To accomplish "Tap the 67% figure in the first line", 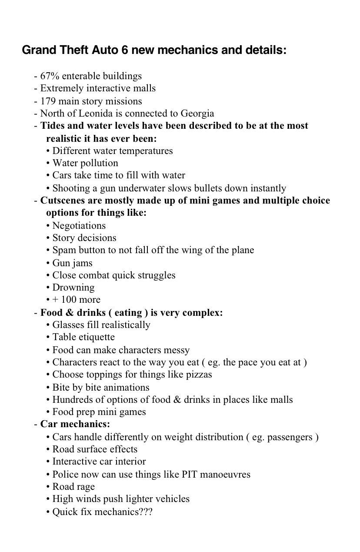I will pyautogui.click(x=50, y=76).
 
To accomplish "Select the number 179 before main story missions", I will pyautogui.click(x=48, y=101).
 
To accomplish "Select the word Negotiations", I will pyautogui.click(x=79, y=226).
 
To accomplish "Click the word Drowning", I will pyautogui.click(x=73, y=288).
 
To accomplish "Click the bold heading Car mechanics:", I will pyautogui.click(x=75, y=424).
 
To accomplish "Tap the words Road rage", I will pyautogui.click(x=73, y=487).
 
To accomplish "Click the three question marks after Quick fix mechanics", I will pyautogui.click(x=146, y=512).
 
